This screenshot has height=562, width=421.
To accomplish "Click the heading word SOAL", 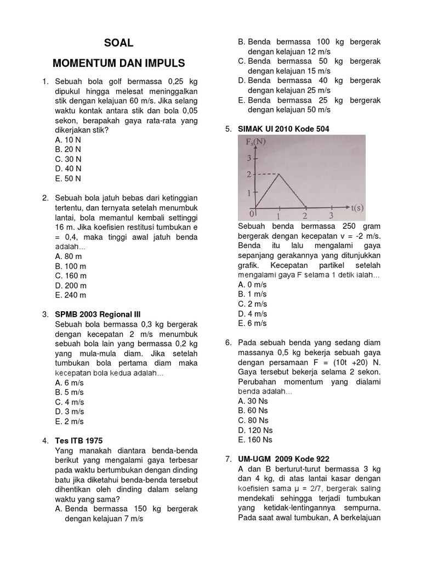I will tap(119, 43).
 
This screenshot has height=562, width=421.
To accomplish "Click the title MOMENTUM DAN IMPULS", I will tap(119, 63).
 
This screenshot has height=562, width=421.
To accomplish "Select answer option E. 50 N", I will tap(68, 178).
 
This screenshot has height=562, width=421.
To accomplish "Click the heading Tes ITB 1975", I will tap(78, 441).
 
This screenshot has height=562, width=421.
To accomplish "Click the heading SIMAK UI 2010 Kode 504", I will tap(283, 129).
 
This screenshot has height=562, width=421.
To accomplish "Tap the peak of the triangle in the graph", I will tap(280, 175).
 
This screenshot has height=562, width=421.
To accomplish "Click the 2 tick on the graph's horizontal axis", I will tap(305, 216).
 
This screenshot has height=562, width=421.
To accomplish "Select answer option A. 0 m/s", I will tap(252, 284).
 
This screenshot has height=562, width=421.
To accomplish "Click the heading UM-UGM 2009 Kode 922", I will tap(284, 459).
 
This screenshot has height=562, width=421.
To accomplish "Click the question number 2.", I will tap(45, 198).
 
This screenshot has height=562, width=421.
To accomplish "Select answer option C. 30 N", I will tap(68, 159).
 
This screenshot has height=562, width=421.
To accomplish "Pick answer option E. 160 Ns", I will tap(255, 440).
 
